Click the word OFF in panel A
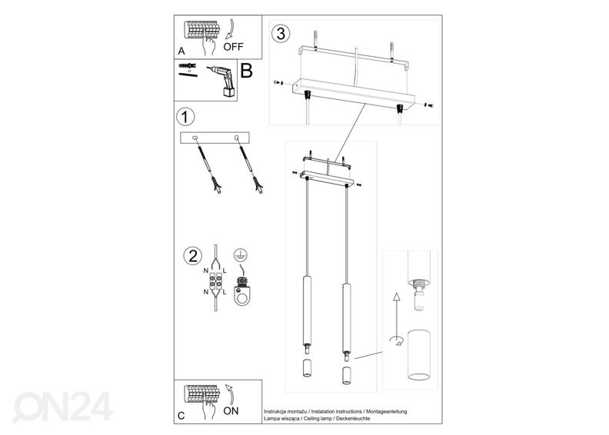click(x=234, y=45)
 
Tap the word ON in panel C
click(x=231, y=410)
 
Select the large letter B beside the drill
click(x=247, y=72)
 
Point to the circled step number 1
click(x=184, y=118)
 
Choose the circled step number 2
click(x=189, y=256)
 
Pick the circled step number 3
click(x=281, y=34)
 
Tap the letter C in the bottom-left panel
click(x=181, y=416)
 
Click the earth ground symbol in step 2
click(x=241, y=256)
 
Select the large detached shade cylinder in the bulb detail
click(x=419, y=357)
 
